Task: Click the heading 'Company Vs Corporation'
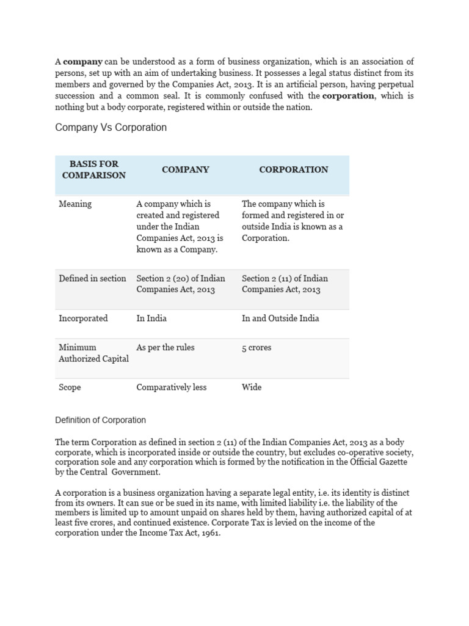pos(111,128)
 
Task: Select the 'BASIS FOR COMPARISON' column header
pos(93,169)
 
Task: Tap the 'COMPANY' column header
pos(185,169)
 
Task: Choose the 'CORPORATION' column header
pos(293,169)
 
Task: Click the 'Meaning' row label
pos(75,204)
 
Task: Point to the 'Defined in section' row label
pos(92,278)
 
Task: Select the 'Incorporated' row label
pos(83,318)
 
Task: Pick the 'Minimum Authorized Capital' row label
pos(93,353)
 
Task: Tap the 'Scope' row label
pos(70,387)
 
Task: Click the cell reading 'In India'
pos(151,318)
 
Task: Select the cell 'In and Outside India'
pos(280,318)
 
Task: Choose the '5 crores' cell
pos(256,347)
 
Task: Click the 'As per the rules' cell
pos(165,347)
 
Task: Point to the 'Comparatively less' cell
pos(172,387)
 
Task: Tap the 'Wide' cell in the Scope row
pos(252,387)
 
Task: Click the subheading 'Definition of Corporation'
pos(101,420)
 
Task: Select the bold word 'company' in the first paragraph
pos(83,62)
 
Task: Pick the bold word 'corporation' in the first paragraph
pos(348,96)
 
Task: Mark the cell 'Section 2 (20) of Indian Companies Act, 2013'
pos(181,284)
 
